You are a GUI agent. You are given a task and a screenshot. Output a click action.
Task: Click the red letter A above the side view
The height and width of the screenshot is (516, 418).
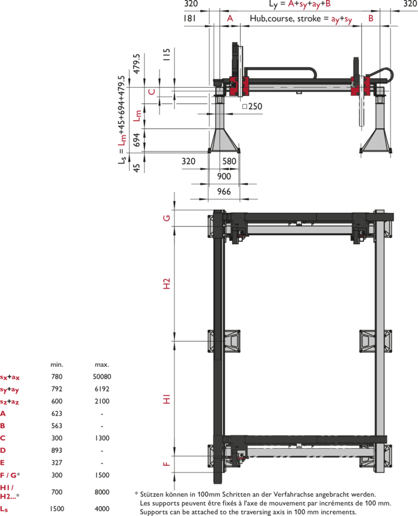coord(230,18)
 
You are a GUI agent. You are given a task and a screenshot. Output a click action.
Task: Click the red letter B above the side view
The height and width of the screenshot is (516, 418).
coord(370,18)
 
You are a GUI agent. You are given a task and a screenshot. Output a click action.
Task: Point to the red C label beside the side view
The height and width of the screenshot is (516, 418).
coord(152,92)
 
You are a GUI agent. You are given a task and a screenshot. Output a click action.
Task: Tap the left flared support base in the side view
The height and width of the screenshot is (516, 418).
coord(223,139)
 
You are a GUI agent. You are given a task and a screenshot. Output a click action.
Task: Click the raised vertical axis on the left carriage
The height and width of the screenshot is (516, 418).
coord(239,67)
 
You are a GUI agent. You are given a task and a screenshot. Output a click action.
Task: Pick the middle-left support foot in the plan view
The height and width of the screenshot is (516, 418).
coord(224,341)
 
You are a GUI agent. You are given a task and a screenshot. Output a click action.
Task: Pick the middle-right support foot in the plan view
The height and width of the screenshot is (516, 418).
coord(376,341)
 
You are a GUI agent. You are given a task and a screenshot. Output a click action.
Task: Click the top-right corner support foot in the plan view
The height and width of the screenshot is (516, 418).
coord(382,224)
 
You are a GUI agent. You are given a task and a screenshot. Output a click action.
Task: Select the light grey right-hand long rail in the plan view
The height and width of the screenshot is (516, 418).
coord(380,340)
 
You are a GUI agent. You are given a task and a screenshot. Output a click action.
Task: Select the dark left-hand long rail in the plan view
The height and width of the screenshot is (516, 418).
coord(218,340)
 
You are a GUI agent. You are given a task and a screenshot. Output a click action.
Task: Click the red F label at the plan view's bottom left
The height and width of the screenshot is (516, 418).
coord(166,464)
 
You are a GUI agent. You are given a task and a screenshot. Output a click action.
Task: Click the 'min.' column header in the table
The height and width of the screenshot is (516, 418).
coord(57,364)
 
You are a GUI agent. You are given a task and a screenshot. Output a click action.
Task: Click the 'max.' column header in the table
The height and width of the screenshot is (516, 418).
coord(102,364)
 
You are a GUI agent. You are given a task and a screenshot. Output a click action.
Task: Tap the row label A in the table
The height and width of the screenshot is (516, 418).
coord(4,413)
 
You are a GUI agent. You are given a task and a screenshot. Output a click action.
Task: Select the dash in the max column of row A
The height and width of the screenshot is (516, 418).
coord(102,413)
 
